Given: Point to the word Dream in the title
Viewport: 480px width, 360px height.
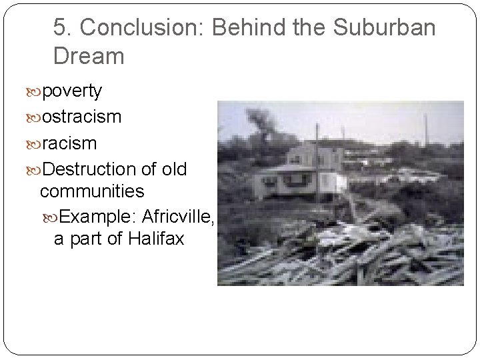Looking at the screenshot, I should point(89,56).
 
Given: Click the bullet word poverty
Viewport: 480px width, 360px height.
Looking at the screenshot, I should point(72,91).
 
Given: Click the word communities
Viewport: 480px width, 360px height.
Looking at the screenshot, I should point(92,191).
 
